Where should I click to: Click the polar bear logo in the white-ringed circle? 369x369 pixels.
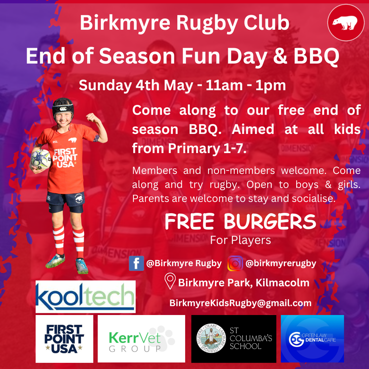coord(346,23)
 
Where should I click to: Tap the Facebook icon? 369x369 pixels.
coord(136,263)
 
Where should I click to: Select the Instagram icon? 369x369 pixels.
coord(235,263)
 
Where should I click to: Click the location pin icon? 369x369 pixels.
coord(170,281)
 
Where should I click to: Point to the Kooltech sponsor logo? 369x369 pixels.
coord(85,297)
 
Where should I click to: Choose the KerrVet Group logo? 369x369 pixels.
coord(141,339)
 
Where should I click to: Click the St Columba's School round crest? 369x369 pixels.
coord(211,338)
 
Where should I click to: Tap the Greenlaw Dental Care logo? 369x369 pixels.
coord(312,339)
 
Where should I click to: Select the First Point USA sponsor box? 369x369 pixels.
coord(64,339)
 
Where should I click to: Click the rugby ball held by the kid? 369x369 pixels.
coord(41,159)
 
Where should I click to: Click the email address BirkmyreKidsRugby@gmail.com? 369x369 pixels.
coord(240,303)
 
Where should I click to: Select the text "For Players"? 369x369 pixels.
coord(240,240)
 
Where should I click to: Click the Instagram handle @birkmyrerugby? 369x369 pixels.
coord(281,263)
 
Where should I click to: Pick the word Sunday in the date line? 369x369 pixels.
coord(105,85)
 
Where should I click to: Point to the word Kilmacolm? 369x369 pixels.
coord(283,283)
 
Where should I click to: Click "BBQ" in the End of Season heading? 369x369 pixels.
coord(316,56)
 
